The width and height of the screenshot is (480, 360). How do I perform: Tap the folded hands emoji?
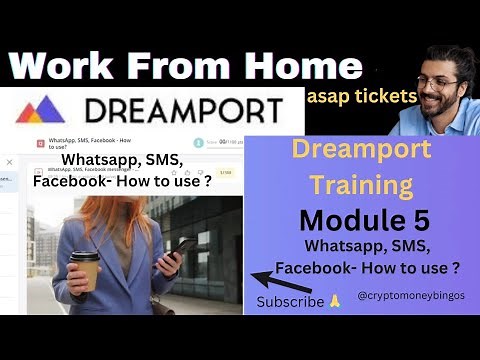335,301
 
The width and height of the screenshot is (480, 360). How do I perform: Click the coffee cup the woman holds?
85,267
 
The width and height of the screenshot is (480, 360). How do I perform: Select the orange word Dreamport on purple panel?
361,150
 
